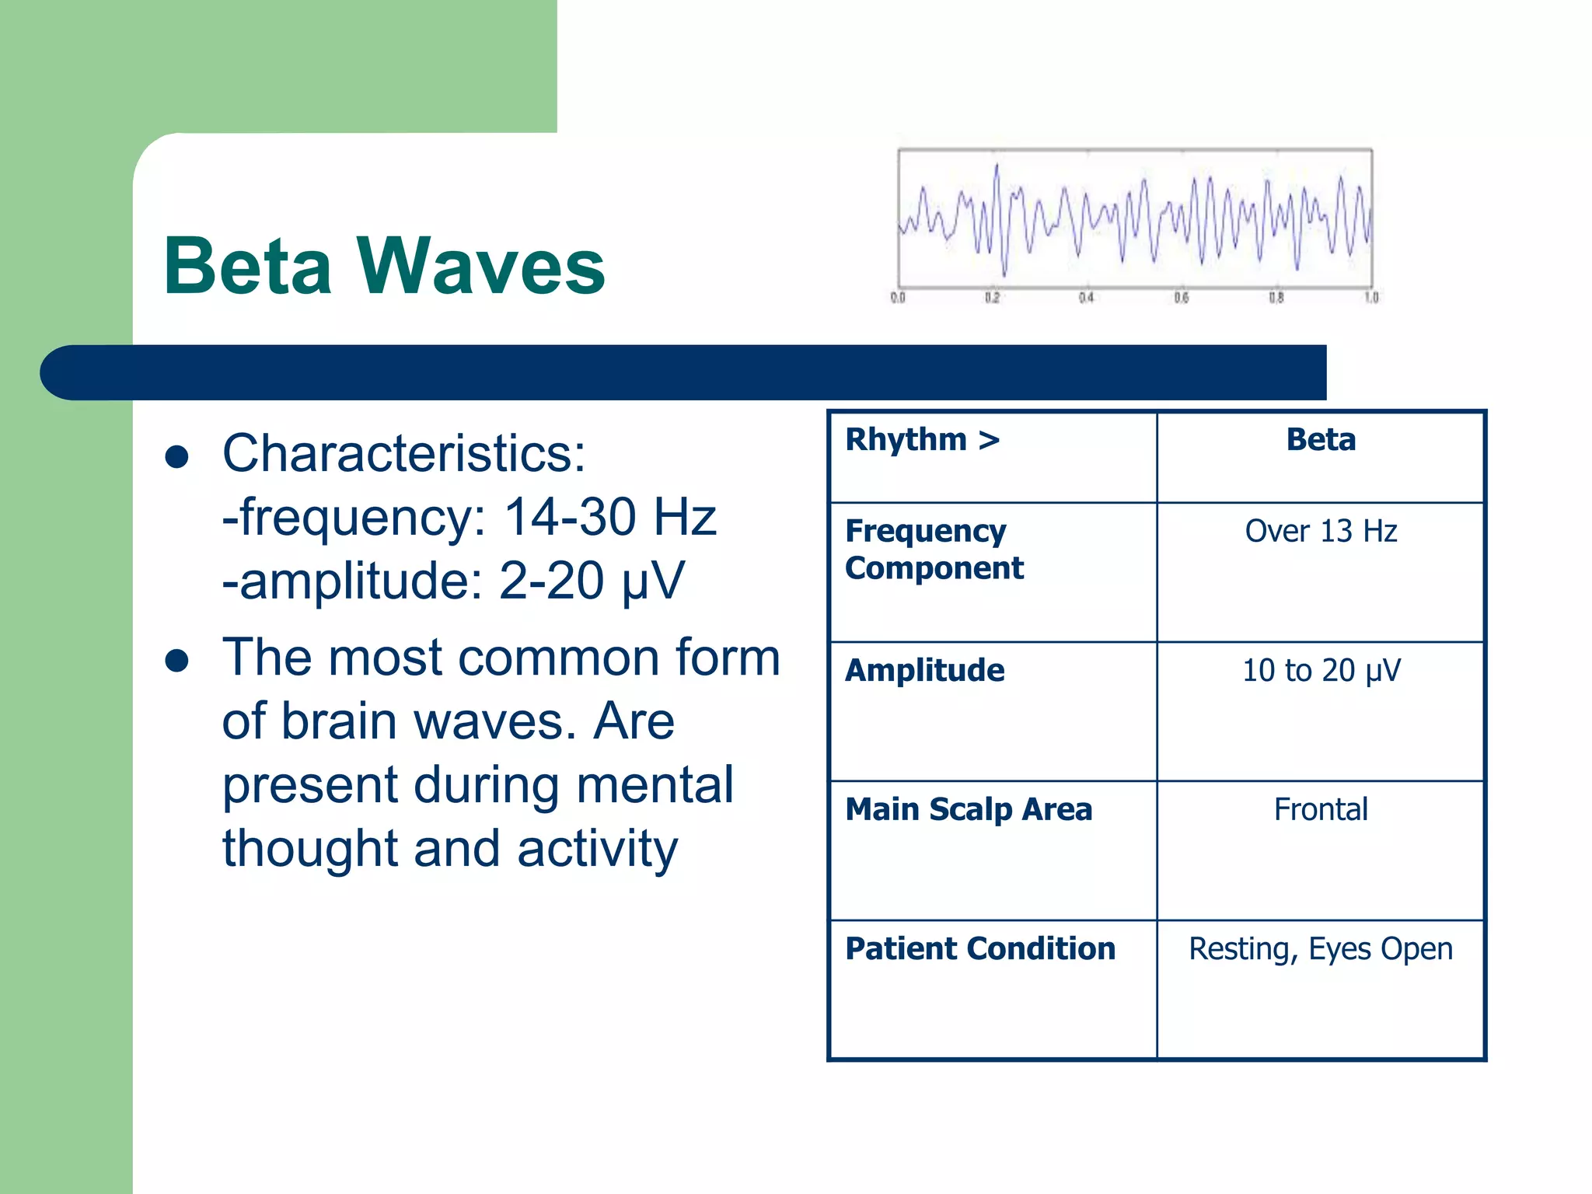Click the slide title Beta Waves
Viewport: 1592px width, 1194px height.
click(x=384, y=266)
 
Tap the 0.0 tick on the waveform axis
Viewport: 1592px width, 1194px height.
click(x=898, y=298)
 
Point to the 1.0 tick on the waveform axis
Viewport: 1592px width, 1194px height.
click(x=1371, y=298)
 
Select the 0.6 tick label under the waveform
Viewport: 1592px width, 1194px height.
click(x=1182, y=298)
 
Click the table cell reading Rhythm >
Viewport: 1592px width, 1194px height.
click(x=922, y=440)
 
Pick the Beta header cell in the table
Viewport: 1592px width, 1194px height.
click(x=1321, y=440)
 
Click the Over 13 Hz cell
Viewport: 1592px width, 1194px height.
click(x=1321, y=532)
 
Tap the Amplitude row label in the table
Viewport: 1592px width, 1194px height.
click(x=924, y=671)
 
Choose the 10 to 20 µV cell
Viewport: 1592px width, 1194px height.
click(x=1321, y=671)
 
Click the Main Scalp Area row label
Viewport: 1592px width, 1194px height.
click(x=969, y=810)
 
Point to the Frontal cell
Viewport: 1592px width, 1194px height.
click(x=1321, y=810)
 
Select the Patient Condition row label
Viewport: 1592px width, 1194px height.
click(x=979, y=949)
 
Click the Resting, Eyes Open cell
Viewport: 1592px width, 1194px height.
click(x=1321, y=949)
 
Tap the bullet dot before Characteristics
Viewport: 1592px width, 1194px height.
click(x=177, y=457)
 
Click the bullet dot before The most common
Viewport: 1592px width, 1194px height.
click(x=177, y=661)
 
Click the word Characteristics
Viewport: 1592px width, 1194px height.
click(x=403, y=453)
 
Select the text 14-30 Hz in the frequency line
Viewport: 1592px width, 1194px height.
click(x=609, y=517)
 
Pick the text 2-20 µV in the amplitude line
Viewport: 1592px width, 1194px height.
click(x=591, y=581)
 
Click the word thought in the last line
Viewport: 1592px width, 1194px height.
click(x=309, y=848)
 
